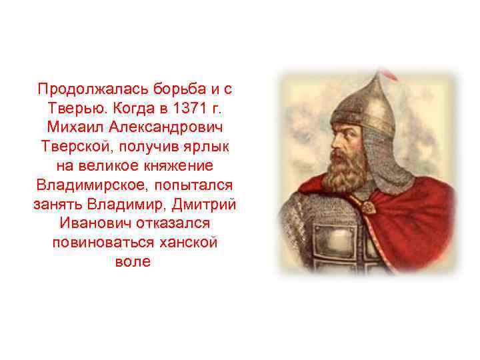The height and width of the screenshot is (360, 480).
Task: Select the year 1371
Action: (188, 107)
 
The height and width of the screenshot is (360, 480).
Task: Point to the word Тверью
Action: (73, 107)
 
